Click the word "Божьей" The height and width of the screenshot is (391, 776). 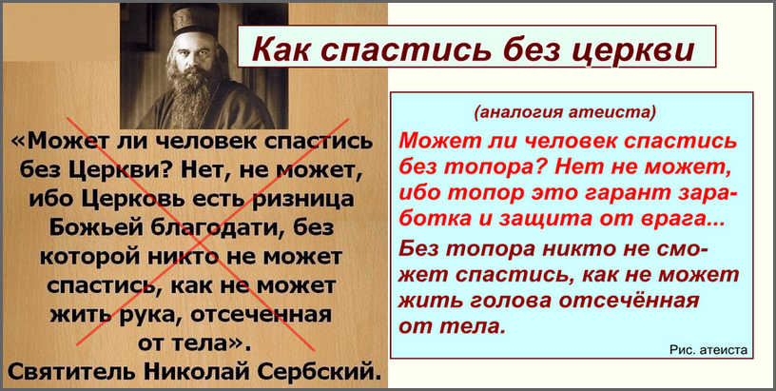click(92, 227)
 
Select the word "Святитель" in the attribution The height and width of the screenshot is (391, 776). click(70, 370)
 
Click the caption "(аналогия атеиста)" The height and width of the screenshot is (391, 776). click(565, 112)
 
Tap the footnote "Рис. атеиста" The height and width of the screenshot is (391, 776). click(708, 350)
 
